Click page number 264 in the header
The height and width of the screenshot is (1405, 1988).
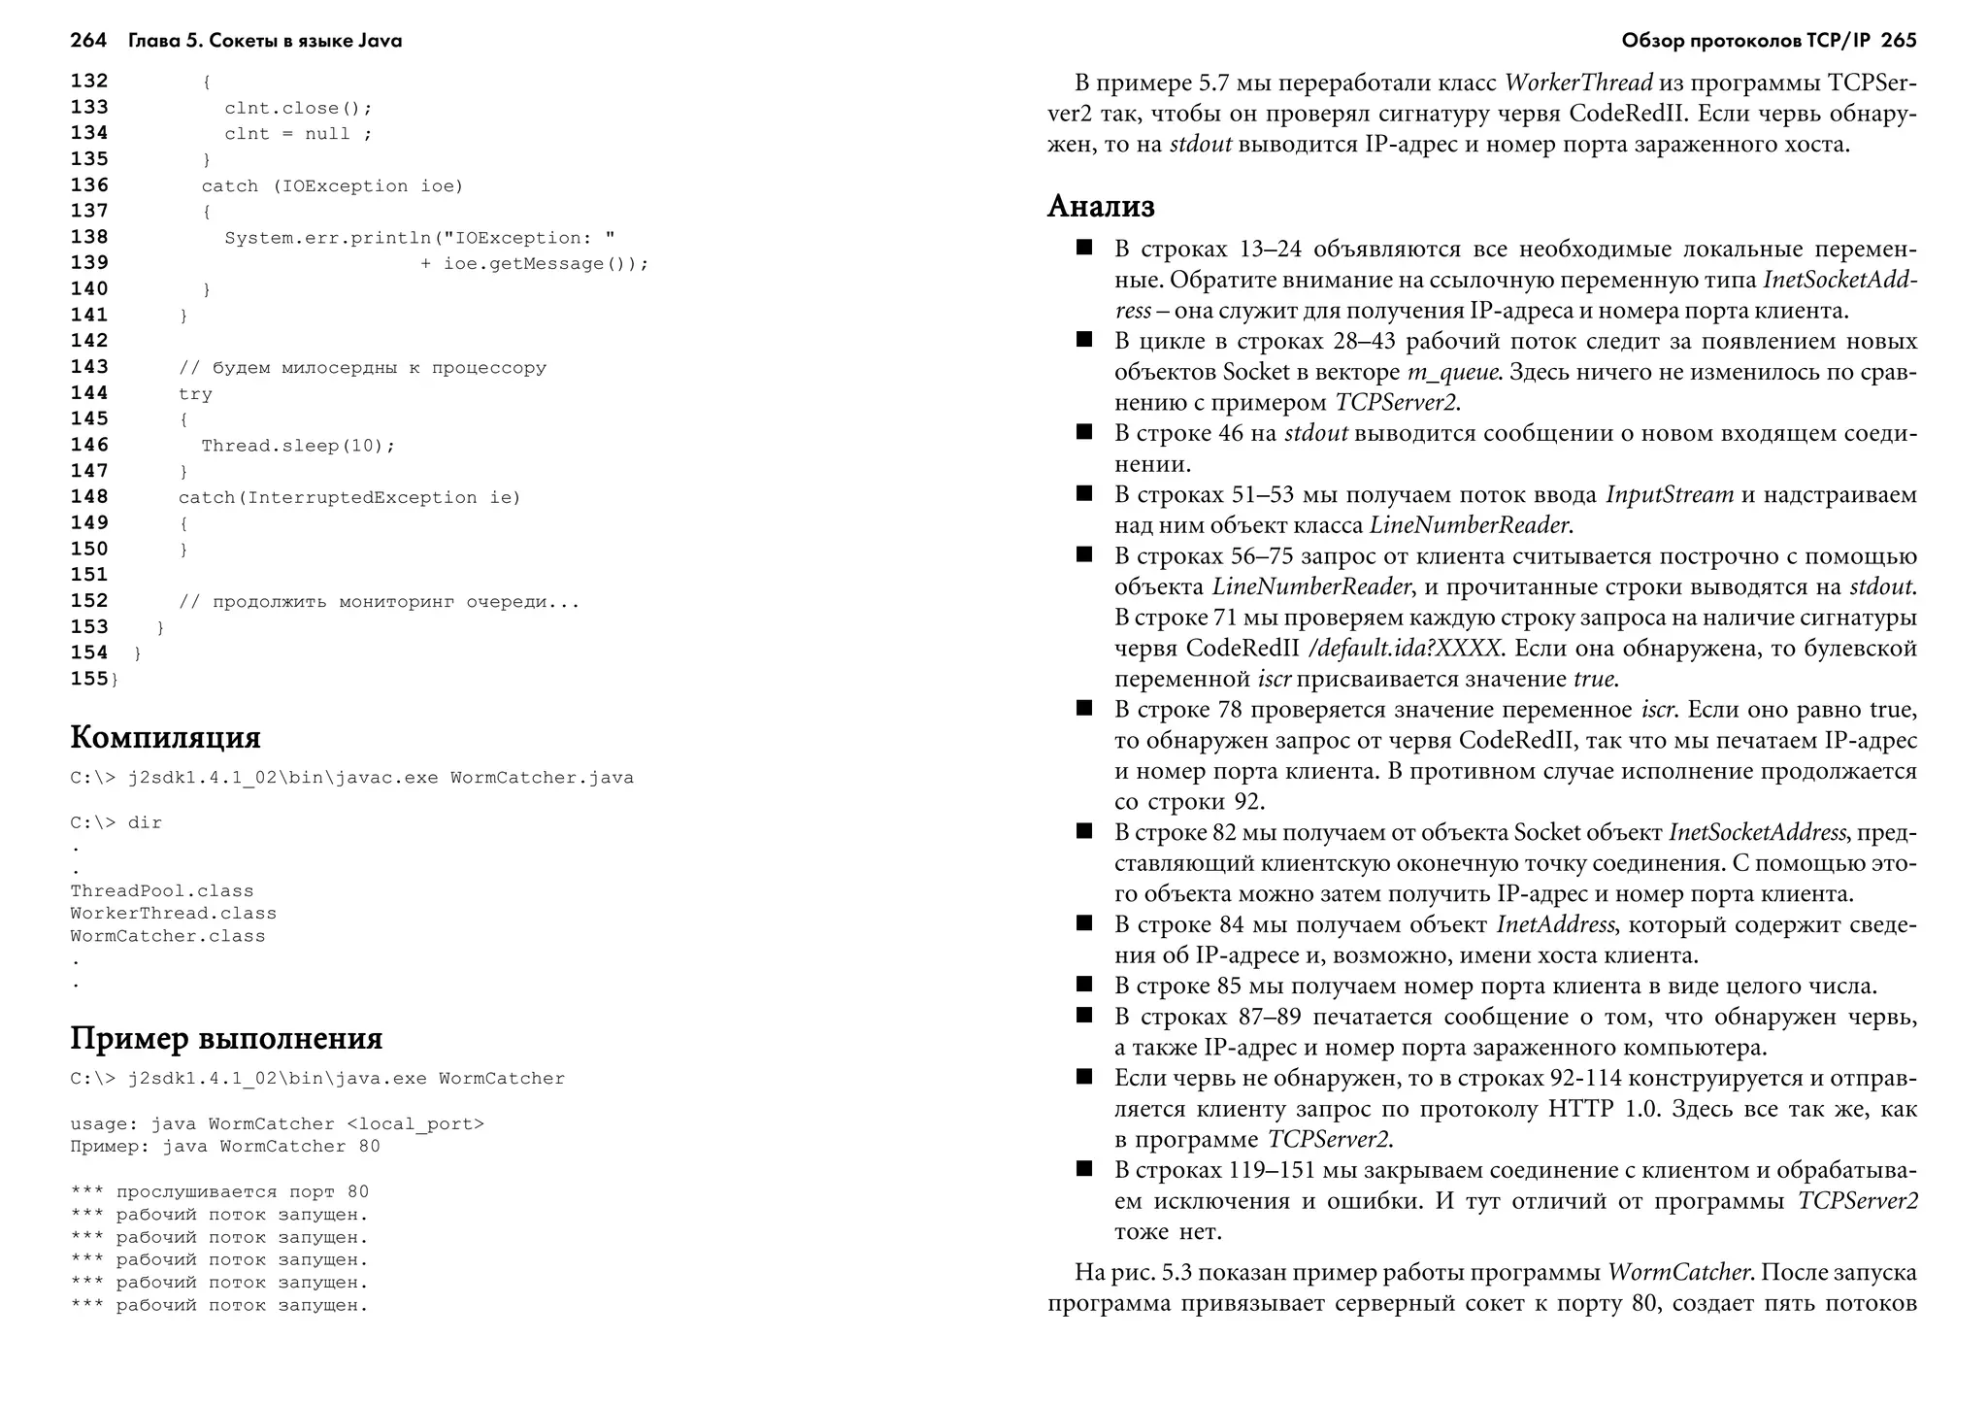tap(88, 41)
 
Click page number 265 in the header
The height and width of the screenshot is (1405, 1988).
tap(1898, 41)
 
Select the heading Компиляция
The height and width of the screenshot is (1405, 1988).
tap(165, 737)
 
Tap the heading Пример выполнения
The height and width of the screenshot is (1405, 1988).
tap(226, 1038)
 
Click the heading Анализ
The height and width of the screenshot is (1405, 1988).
tap(1101, 206)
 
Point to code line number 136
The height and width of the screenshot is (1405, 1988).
tap(89, 184)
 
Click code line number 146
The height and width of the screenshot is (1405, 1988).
tap(89, 445)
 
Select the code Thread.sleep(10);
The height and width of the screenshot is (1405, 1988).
tap(298, 446)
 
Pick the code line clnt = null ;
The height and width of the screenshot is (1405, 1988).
tap(297, 134)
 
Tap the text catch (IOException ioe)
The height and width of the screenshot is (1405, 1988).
tap(332, 185)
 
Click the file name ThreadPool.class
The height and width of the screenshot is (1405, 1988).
tap(161, 891)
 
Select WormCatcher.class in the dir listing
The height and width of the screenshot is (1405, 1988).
tap(167, 936)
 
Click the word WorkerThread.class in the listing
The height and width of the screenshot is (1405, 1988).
tap(173, 914)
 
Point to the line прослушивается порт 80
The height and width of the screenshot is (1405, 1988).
tap(242, 1191)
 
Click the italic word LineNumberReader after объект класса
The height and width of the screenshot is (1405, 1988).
tap(1470, 525)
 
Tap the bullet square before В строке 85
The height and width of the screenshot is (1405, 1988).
tap(1084, 985)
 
